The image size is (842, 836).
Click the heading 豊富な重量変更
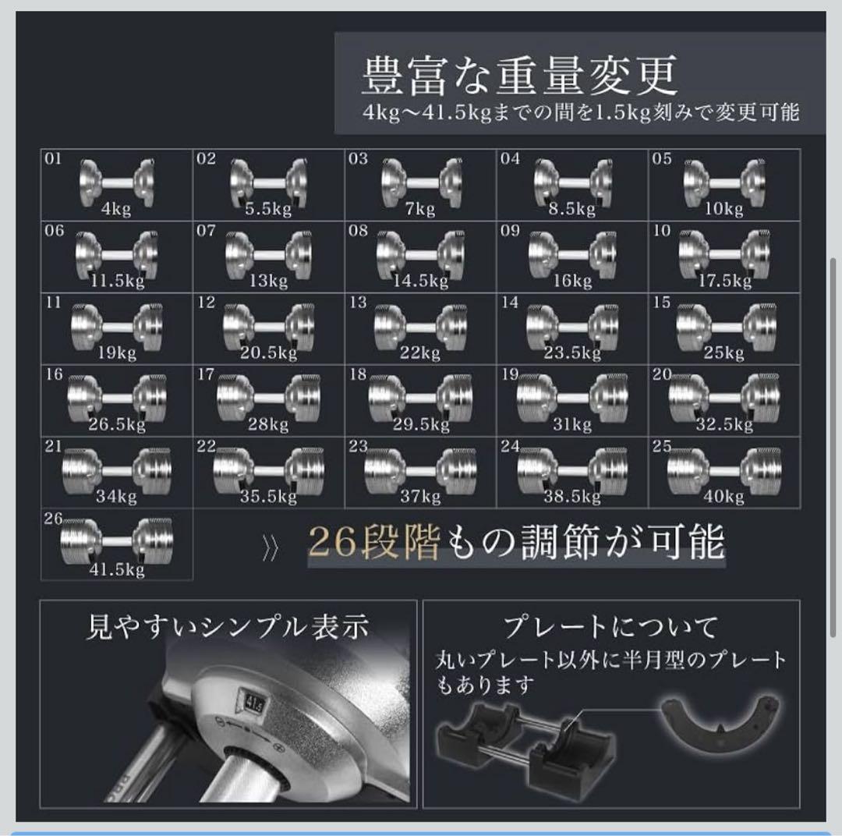(x=518, y=76)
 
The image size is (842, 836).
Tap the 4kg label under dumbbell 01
(x=115, y=208)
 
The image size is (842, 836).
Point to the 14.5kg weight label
(x=423, y=280)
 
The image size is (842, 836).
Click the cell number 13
(x=358, y=303)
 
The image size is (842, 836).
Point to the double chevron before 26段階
(x=270, y=549)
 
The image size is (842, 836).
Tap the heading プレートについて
(x=610, y=626)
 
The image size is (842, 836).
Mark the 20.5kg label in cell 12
(x=270, y=352)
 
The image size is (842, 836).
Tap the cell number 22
(x=206, y=447)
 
